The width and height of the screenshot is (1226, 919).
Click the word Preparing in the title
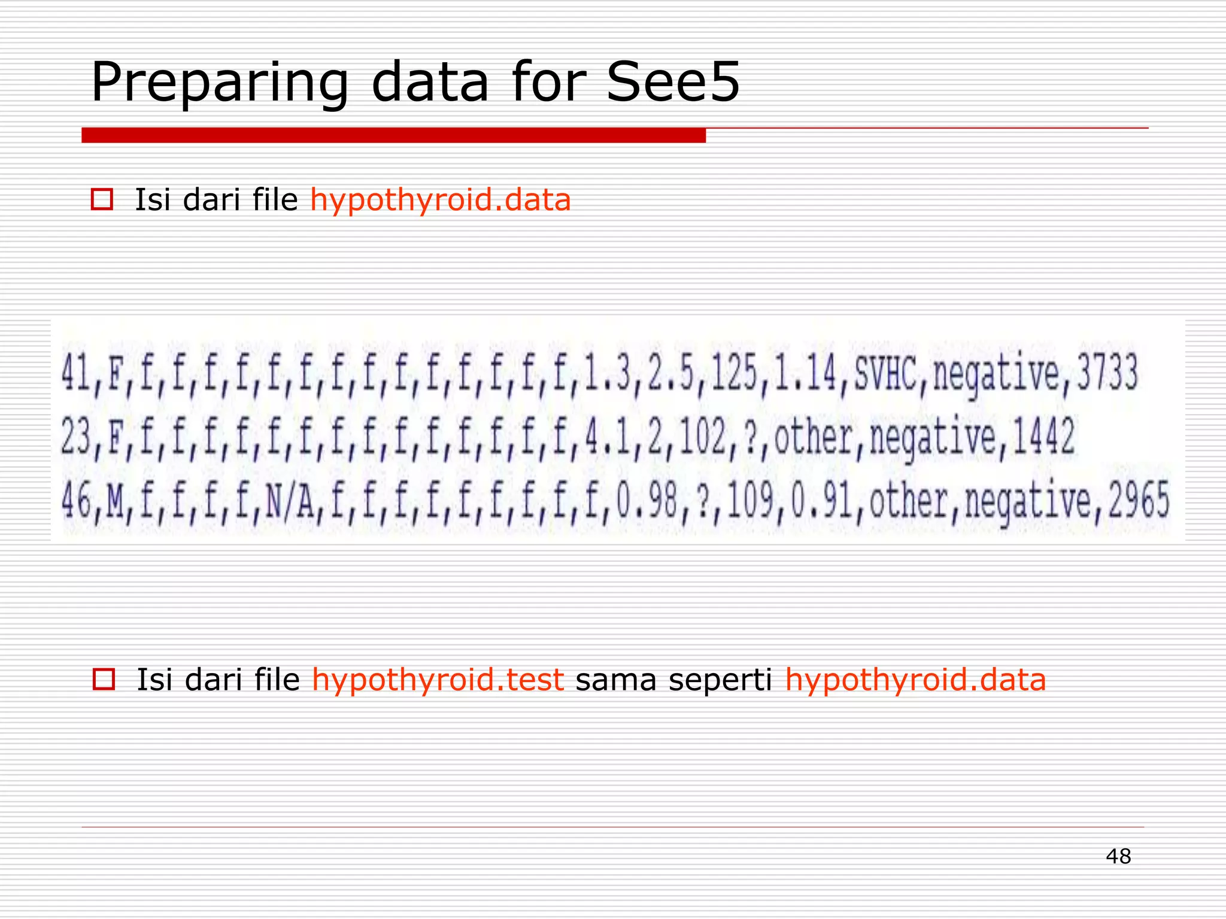219,84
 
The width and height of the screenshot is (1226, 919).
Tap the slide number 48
1118,856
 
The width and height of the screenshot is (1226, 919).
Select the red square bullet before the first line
102,199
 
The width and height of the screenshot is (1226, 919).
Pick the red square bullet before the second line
104,679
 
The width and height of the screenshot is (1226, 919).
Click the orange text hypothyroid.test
438,680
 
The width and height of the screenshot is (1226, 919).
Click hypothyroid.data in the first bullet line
440,200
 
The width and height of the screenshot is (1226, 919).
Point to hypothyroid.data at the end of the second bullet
915,680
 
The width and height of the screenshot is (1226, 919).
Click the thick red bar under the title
393,135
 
